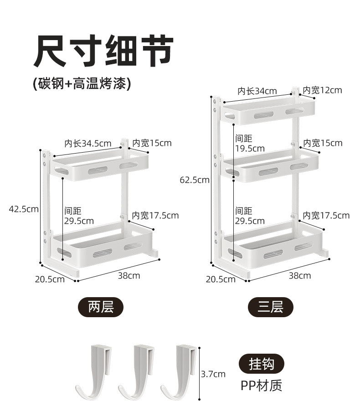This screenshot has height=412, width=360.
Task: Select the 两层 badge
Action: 100,307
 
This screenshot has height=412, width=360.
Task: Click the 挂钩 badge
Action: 261,364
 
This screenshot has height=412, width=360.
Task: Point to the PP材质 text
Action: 261,386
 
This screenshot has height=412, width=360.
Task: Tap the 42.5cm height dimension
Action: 24,209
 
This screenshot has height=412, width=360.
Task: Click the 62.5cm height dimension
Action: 195,180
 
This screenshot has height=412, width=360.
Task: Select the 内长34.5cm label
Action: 87,144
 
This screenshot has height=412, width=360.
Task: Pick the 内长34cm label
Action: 257,91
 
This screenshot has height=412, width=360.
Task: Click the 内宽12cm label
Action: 322,90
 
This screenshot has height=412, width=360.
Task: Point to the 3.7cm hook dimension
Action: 213,374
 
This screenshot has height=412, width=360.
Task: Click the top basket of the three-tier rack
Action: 269,111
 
